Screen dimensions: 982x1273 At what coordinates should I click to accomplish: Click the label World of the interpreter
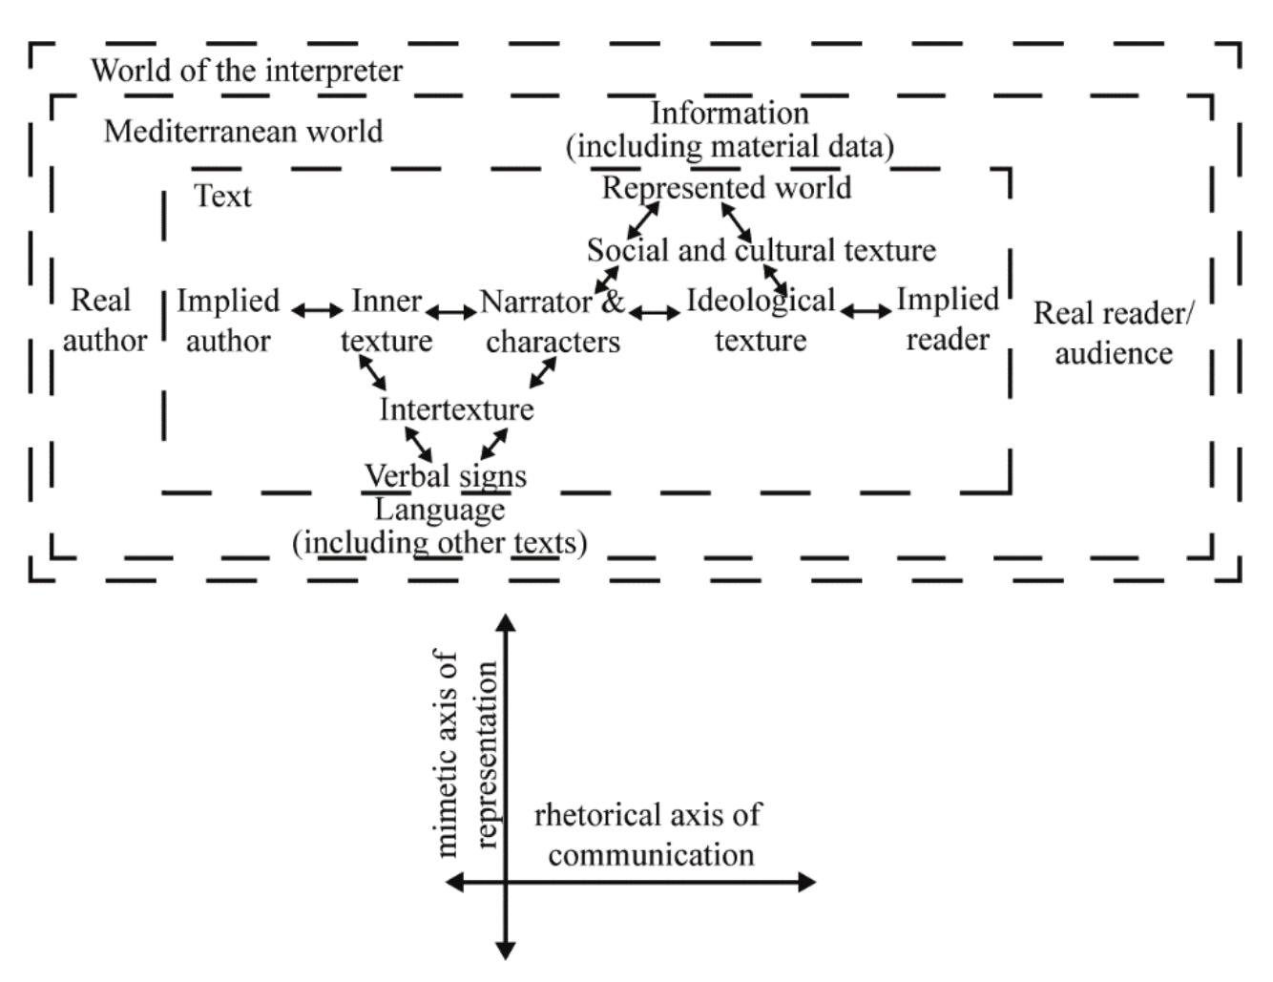click(x=246, y=71)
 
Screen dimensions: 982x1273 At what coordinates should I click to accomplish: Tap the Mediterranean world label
click(x=242, y=131)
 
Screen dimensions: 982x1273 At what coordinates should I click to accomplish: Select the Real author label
click(x=103, y=321)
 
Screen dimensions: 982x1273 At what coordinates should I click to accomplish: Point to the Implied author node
click(x=227, y=321)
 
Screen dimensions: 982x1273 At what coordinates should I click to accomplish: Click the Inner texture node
click(x=386, y=321)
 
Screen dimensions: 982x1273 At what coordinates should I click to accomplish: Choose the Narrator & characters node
click(x=553, y=322)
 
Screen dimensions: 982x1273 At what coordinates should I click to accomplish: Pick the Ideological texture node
click(x=761, y=321)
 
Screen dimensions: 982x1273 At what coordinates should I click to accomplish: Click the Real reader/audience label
click(x=1113, y=333)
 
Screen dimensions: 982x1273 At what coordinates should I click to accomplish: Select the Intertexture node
click(x=456, y=409)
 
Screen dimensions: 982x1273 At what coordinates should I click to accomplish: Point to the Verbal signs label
click(x=445, y=475)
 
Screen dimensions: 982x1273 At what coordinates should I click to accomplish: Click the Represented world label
click(x=726, y=188)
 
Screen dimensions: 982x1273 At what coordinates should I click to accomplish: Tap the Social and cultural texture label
click(x=761, y=250)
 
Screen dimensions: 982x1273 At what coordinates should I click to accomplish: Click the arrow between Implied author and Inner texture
click(x=316, y=310)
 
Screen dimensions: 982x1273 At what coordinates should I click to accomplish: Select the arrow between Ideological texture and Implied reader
click(x=866, y=310)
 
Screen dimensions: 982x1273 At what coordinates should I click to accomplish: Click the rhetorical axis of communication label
click(x=649, y=835)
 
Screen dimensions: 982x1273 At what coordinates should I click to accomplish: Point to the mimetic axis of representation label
click(x=467, y=754)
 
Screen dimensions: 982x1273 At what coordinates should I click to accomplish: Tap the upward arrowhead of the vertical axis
click(x=507, y=623)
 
